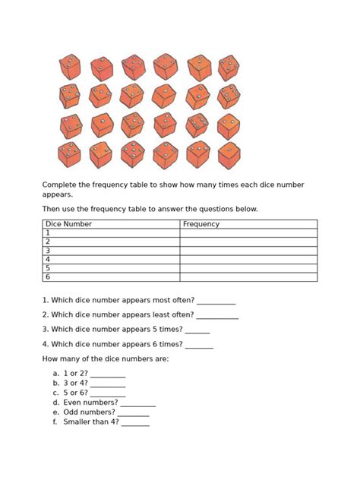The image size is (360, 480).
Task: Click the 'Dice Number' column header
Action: (x=69, y=224)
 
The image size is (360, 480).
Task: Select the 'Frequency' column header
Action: (x=201, y=224)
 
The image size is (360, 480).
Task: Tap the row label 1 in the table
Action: (x=48, y=233)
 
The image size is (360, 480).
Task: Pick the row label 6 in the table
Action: (x=48, y=277)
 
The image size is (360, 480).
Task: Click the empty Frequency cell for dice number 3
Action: (x=248, y=251)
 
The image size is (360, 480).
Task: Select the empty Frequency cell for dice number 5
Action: (x=248, y=268)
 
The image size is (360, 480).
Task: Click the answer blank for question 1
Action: (x=216, y=302)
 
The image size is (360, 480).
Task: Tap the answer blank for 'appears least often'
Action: (x=218, y=316)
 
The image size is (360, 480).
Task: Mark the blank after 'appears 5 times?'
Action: (x=197, y=331)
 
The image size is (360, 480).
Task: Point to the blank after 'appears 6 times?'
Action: (x=199, y=346)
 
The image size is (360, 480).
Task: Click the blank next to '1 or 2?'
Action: (x=108, y=375)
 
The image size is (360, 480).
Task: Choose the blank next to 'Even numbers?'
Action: (x=137, y=404)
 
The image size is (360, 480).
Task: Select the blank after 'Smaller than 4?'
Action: (x=135, y=423)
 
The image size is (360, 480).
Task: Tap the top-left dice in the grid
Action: (x=70, y=67)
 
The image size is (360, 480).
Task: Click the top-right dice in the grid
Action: (x=229, y=68)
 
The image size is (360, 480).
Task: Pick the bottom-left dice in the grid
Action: (x=69, y=155)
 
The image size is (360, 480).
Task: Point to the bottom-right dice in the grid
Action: (x=229, y=155)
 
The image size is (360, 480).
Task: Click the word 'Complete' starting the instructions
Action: (x=59, y=185)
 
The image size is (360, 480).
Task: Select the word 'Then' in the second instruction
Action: (x=51, y=209)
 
